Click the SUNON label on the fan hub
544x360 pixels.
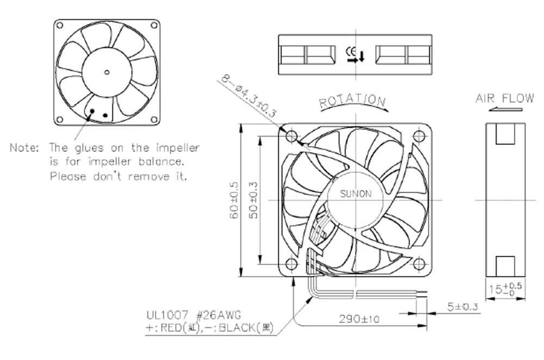(x=356, y=193)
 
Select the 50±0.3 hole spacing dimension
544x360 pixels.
(x=254, y=201)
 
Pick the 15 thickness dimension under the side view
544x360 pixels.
(x=505, y=288)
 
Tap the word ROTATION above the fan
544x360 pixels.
(x=353, y=101)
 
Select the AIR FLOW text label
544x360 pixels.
(x=505, y=98)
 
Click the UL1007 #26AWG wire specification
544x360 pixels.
(x=193, y=315)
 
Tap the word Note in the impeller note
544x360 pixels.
(x=24, y=148)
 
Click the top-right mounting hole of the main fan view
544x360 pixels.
(x=418, y=135)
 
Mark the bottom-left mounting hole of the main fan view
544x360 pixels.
(x=291, y=264)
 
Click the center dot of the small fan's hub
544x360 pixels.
(x=107, y=71)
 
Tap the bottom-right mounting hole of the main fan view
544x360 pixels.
(x=418, y=264)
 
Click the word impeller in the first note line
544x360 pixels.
(x=178, y=148)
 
